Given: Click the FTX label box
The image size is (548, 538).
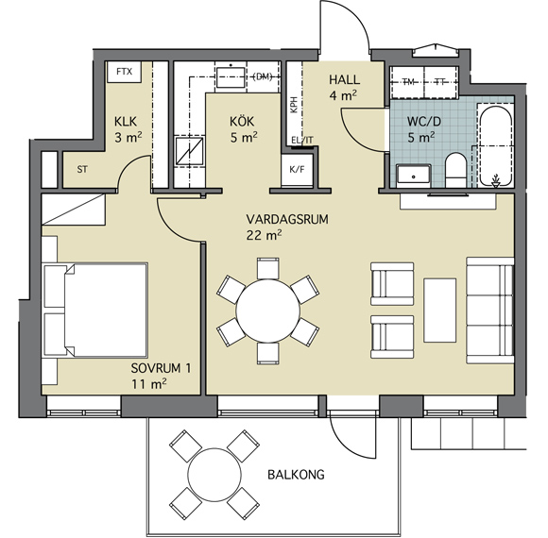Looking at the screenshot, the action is click(x=124, y=72).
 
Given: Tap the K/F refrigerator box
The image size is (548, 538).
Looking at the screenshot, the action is click(x=297, y=170).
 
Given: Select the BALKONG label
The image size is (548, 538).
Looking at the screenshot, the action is click(x=296, y=475).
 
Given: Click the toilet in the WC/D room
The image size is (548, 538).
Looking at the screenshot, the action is click(x=455, y=170).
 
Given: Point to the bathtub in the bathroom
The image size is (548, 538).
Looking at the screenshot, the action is click(x=496, y=145).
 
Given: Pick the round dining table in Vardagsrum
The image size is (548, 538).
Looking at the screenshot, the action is click(x=268, y=311).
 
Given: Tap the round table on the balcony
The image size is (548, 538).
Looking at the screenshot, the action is click(x=214, y=475).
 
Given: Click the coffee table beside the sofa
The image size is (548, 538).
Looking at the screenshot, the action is click(x=439, y=310).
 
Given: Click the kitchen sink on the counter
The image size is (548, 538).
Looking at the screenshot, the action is click(x=231, y=77).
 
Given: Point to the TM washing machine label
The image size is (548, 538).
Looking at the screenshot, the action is click(x=408, y=82).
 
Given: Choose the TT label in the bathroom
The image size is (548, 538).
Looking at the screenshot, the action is click(x=440, y=82).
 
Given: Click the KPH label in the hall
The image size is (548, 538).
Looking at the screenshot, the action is click(x=294, y=105).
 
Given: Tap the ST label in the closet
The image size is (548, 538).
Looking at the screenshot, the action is click(x=82, y=170).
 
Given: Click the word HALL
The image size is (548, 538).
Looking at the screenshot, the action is click(x=344, y=80).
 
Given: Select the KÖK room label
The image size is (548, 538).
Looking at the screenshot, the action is click(x=242, y=122).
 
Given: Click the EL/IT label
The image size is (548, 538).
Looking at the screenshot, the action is click(x=302, y=141).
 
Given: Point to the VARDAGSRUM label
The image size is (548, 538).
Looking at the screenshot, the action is click(x=287, y=219).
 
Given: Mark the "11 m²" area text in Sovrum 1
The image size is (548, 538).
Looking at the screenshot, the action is click(x=149, y=384).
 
